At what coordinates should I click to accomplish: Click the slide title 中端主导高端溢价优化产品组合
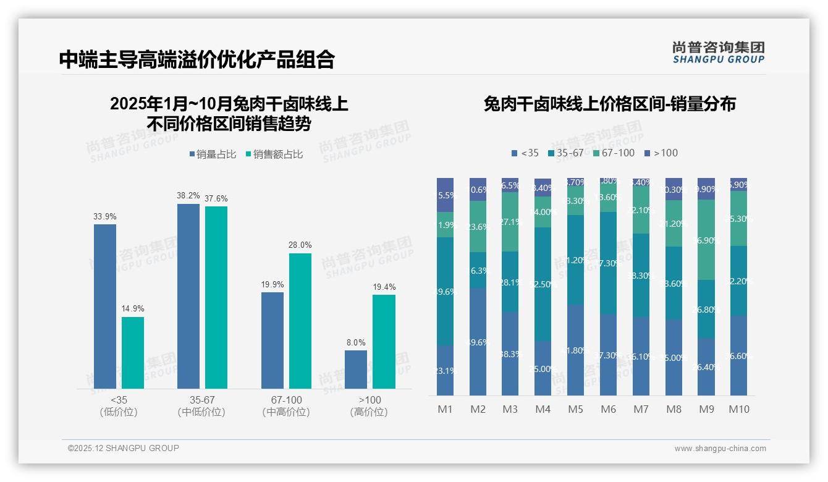pyautogui.click(x=196, y=59)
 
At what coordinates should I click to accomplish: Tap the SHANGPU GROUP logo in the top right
pyautogui.click(x=718, y=53)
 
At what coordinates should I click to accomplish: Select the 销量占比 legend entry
pyautogui.click(x=213, y=154)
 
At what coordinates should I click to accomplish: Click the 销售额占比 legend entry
pyautogui.click(x=274, y=154)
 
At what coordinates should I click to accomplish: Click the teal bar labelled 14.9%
pyautogui.click(x=133, y=353)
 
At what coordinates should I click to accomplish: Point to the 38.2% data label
pyautogui.click(x=188, y=195)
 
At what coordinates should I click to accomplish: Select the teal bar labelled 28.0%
pyautogui.click(x=300, y=321)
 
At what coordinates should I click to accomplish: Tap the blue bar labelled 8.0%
pyautogui.click(x=356, y=370)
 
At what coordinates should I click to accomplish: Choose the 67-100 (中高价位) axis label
pyautogui.click(x=286, y=406)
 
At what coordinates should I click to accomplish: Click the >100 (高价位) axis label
pyautogui.click(x=370, y=406)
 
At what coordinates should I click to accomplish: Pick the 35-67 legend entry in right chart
pyautogui.click(x=565, y=153)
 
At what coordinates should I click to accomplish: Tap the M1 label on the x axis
pyautogui.click(x=445, y=409)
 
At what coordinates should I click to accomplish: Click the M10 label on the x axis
pyautogui.click(x=738, y=409)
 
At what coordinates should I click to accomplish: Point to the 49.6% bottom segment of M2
pyautogui.click(x=478, y=342)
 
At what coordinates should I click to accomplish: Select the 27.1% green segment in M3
pyautogui.click(x=510, y=222)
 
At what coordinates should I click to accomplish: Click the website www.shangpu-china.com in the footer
pyautogui.click(x=720, y=449)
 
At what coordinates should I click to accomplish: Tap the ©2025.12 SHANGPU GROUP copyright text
pyautogui.click(x=124, y=448)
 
